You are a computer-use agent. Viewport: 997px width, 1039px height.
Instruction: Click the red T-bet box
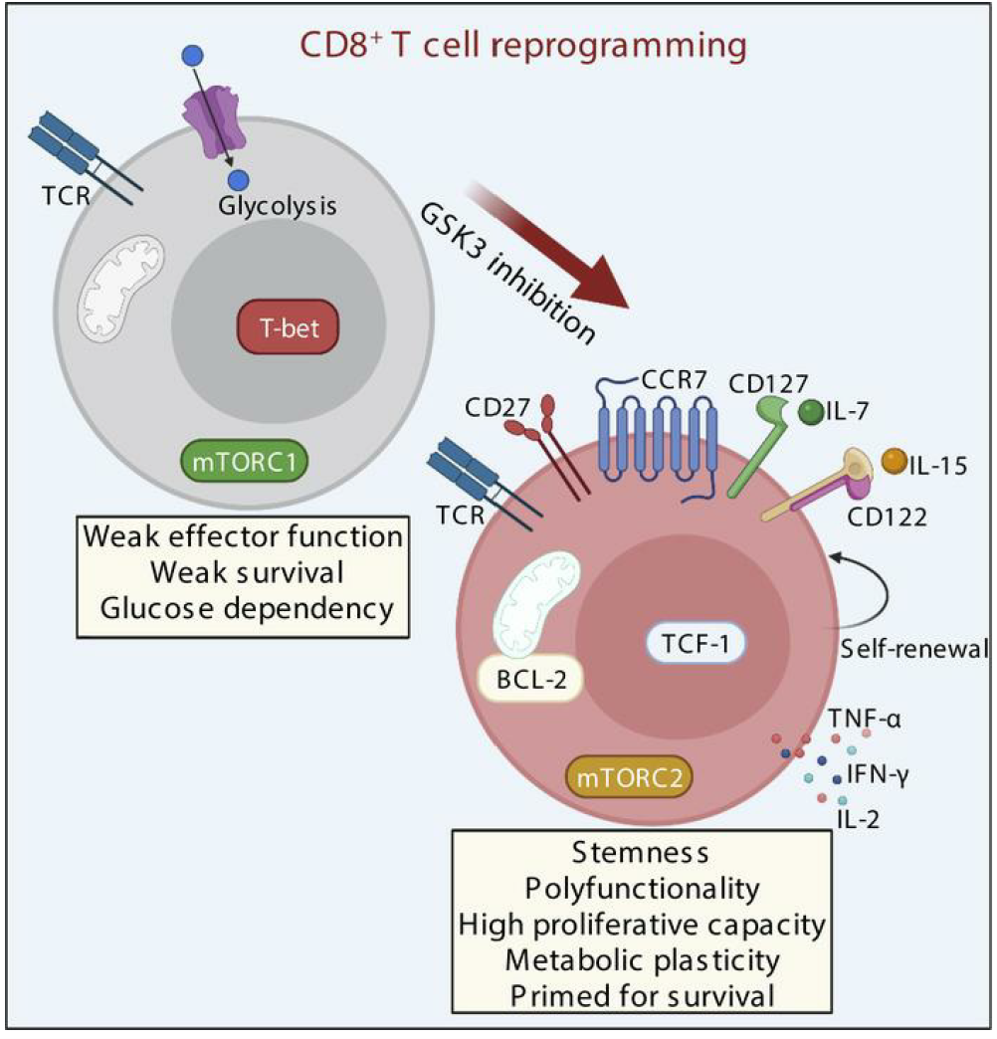(288, 328)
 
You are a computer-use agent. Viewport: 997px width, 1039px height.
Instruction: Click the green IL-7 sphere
(811, 412)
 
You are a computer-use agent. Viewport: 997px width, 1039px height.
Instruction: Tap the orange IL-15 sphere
(895, 462)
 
